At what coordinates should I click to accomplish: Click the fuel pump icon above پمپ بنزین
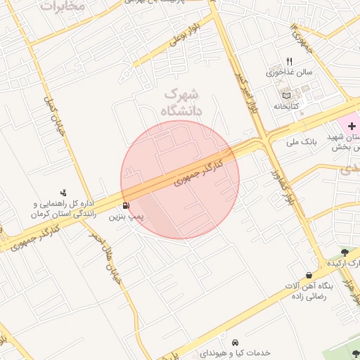pos(126,206)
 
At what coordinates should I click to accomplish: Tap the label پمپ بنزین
pos(125,218)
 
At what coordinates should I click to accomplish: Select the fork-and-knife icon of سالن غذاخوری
pos(288,61)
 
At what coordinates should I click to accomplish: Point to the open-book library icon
pos(285,95)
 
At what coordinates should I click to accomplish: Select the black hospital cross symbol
pos(352,124)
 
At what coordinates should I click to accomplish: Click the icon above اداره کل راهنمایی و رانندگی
pos(64,192)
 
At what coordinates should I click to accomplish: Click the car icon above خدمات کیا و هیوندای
pos(243,340)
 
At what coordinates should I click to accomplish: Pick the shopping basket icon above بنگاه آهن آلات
pos(309,275)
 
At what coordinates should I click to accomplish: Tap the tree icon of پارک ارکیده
pos(344,252)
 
